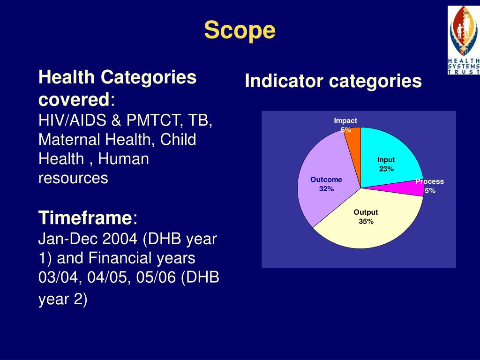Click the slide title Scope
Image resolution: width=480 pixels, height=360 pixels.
click(x=240, y=31)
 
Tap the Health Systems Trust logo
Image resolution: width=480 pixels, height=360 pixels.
click(x=463, y=40)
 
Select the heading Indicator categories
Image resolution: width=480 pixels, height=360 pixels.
click(x=333, y=81)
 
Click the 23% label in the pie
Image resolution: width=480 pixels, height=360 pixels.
click(x=386, y=169)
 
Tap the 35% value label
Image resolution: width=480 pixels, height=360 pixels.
click(x=366, y=222)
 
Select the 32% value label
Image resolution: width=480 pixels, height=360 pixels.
click(x=326, y=189)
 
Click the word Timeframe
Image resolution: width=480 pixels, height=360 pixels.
click(x=85, y=218)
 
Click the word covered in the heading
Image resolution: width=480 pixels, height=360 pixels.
click(x=73, y=99)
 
